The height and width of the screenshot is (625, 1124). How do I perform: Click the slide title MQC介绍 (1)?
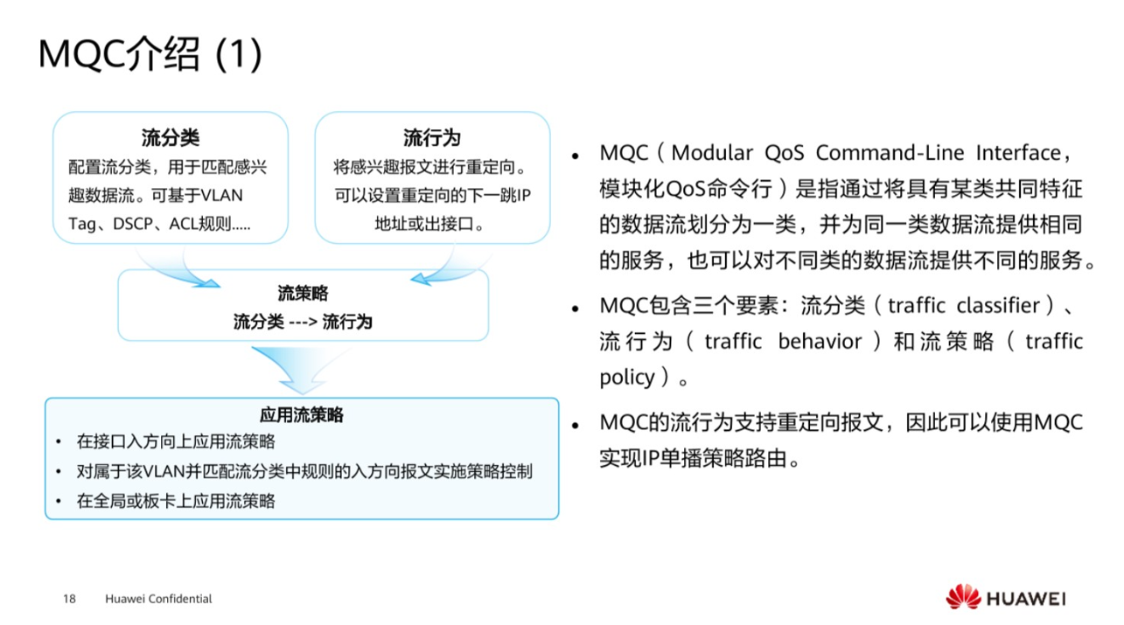pyautogui.click(x=150, y=56)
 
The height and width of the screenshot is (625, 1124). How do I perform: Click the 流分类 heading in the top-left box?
pyautogui.click(x=171, y=138)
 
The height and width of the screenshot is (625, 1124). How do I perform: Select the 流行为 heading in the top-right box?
pyautogui.click(x=432, y=138)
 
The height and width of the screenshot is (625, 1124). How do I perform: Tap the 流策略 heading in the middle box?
pyautogui.click(x=303, y=294)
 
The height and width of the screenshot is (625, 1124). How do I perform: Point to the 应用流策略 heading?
pyautogui.click(x=302, y=414)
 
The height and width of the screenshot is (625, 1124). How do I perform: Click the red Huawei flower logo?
pyautogui.click(x=963, y=598)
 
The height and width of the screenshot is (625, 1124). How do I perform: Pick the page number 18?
pyautogui.click(x=69, y=599)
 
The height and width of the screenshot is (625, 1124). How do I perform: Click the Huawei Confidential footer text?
pyautogui.click(x=158, y=599)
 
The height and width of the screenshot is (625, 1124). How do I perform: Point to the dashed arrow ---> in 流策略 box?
pyautogui.click(x=303, y=322)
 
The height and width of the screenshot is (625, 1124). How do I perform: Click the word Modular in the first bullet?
pyautogui.click(x=711, y=153)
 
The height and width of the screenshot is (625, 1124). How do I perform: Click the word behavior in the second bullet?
pyautogui.click(x=820, y=341)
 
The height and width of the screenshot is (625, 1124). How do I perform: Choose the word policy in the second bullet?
pyautogui.click(x=626, y=377)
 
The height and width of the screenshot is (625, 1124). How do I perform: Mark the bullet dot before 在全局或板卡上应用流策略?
pyautogui.click(x=59, y=502)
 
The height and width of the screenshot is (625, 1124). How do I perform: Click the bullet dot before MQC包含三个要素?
pyautogui.click(x=576, y=308)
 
